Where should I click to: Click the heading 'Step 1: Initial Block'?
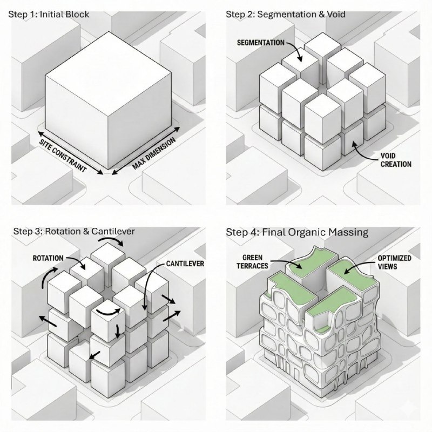49,15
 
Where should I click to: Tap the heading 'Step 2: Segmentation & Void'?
286,15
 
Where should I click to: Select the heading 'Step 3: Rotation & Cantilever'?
74,231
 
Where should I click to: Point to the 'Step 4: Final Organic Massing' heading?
298,232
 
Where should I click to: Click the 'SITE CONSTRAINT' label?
63,156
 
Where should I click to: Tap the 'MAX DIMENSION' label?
154,153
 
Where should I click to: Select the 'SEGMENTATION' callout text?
261,43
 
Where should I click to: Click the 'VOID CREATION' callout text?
396,160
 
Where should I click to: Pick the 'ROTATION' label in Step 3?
48,258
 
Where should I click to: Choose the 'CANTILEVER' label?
185,264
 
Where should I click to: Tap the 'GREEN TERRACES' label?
252,262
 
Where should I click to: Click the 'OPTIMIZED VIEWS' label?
395,262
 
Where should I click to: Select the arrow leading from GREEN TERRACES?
289,262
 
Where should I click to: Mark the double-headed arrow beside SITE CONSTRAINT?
71,153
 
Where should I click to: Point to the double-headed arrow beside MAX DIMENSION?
146,151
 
